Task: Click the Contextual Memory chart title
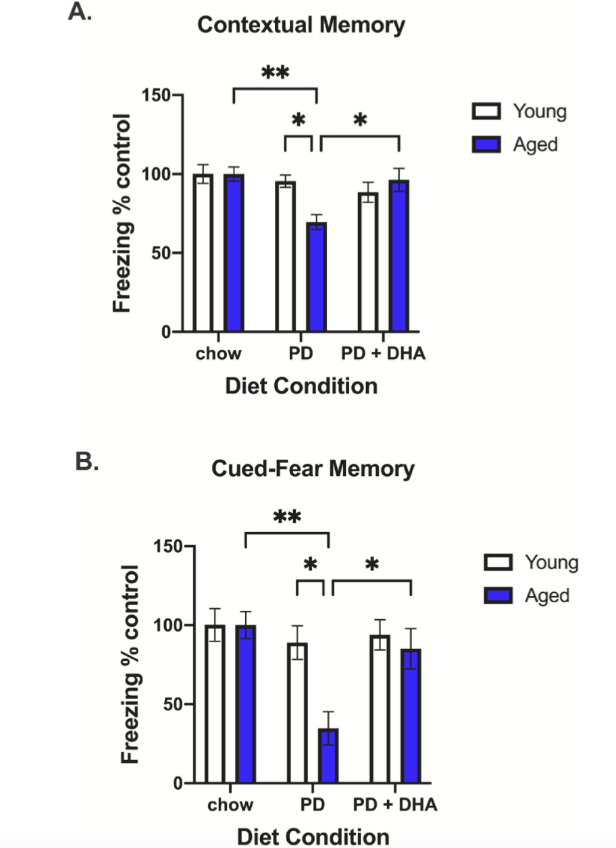click(x=301, y=26)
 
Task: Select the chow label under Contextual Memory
click(x=218, y=353)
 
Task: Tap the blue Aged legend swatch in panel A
click(x=485, y=143)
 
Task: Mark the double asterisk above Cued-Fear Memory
click(x=286, y=519)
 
